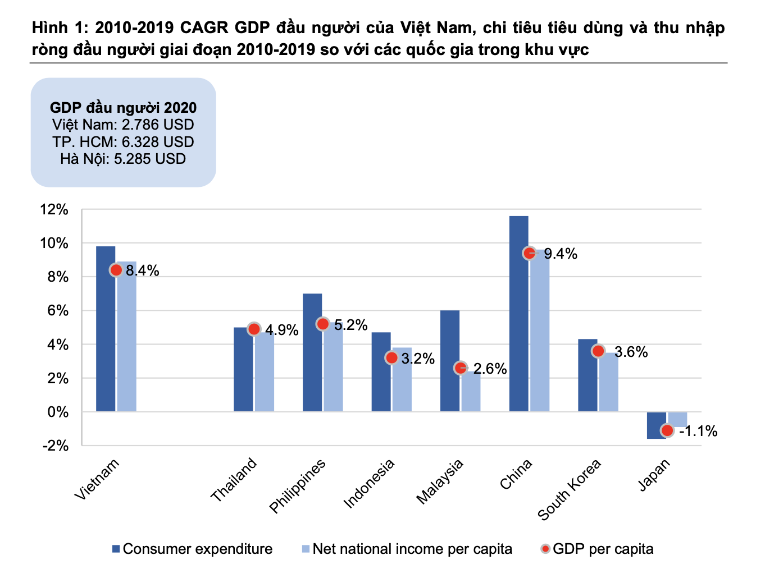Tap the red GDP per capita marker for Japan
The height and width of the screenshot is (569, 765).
pyautogui.click(x=667, y=430)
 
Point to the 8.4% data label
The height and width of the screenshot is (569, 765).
pyautogui.click(x=143, y=270)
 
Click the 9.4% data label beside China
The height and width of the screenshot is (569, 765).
pyautogui.click(x=561, y=254)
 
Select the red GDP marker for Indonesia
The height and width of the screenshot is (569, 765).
pyautogui.click(x=391, y=357)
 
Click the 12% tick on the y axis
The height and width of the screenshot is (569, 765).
pyautogui.click(x=54, y=210)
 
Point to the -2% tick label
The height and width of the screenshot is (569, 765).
pyautogui.click(x=55, y=446)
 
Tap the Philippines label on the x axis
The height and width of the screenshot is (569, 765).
pyautogui.click(x=297, y=486)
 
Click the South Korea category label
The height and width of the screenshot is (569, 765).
pyautogui.click(x=569, y=489)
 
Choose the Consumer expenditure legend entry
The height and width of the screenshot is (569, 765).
pyautogui.click(x=192, y=549)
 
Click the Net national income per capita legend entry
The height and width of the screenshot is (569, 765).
pyautogui.click(x=407, y=549)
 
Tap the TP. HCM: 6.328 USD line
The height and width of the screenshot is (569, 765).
pyautogui.click(x=123, y=142)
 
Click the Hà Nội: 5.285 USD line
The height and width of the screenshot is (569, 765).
pyautogui.click(x=123, y=159)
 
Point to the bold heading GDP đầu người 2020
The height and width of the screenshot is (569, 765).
pyautogui.click(x=123, y=108)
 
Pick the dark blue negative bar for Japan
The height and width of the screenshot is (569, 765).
pyautogui.click(x=656, y=425)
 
